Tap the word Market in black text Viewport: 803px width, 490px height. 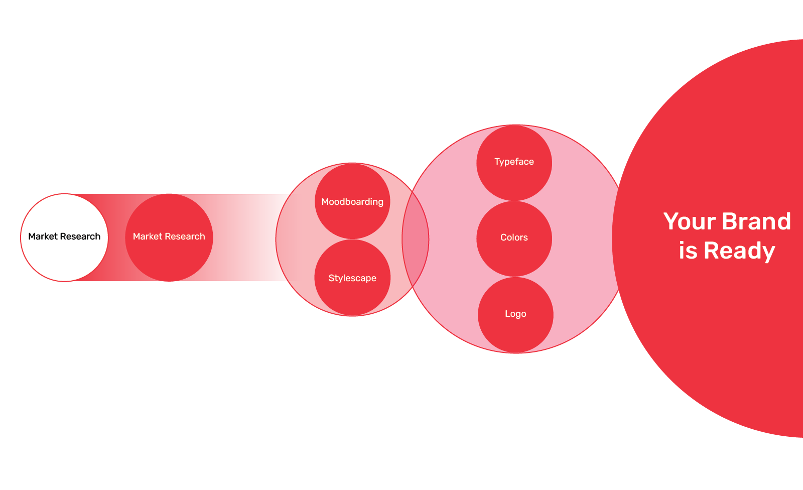point(43,236)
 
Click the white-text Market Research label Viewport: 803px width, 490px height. point(169,236)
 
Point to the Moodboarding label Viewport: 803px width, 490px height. point(352,202)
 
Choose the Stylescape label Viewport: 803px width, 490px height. point(352,278)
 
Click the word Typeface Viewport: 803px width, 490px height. point(514,162)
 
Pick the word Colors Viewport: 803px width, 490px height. point(514,237)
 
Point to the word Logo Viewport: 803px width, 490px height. point(515,314)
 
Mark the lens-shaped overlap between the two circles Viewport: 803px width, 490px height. point(416,239)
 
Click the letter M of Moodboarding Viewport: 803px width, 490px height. point(325,202)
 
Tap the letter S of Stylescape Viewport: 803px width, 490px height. point(331,278)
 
